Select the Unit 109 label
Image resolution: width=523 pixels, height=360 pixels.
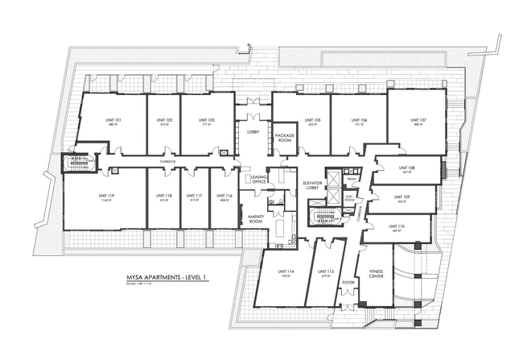402,197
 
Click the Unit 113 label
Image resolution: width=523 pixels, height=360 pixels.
326,271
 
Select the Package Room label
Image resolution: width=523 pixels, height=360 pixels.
285,138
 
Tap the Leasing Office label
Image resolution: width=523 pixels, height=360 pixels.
258,179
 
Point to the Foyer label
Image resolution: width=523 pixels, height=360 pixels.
348,283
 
